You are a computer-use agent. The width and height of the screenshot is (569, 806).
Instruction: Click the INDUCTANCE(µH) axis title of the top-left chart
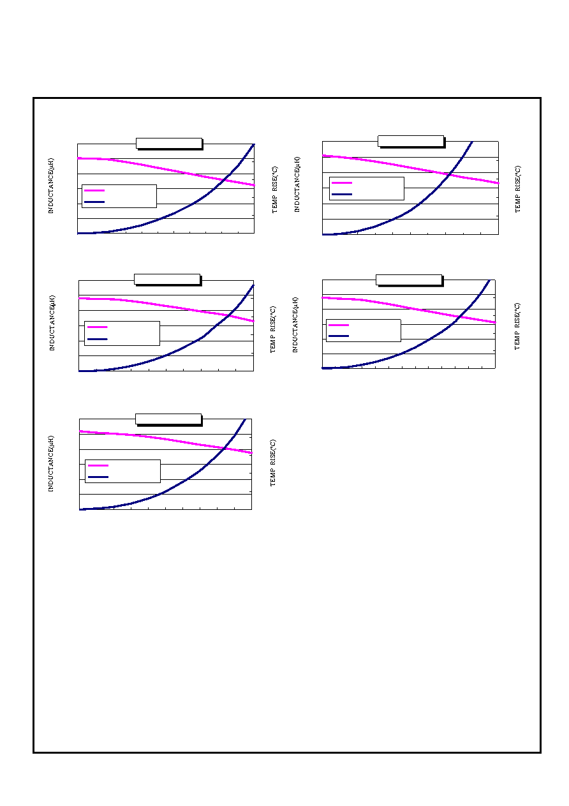coord(51,186)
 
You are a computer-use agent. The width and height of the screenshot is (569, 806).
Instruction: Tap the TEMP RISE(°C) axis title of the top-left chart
coord(275,190)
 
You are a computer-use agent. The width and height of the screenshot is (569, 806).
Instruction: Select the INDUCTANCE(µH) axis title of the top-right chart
coord(297,184)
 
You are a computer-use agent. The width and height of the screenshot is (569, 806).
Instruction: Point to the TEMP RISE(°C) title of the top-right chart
coord(517,189)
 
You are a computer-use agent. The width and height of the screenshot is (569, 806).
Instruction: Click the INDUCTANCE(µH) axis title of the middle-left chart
coord(52,323)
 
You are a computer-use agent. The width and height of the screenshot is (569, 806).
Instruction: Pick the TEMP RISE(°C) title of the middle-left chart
coord(274,329)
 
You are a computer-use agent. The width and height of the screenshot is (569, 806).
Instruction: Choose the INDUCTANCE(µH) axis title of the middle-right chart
coord(295,325)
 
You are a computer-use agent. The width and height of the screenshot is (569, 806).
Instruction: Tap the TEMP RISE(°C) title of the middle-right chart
coord(517,326)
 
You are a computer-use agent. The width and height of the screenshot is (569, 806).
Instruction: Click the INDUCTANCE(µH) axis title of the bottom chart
coord(51,464)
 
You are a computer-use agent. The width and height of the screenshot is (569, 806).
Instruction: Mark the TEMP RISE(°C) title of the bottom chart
coord(274,463)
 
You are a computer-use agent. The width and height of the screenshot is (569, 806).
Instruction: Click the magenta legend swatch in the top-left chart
coord(94,190)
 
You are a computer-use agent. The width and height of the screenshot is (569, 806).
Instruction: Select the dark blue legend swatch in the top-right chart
coord(342,194)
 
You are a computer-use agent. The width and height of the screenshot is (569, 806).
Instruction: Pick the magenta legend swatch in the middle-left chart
coord(98,327)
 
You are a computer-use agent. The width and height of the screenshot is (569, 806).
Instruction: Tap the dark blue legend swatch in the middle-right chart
coord(339,336)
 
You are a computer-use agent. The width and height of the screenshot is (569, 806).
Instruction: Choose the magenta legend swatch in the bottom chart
coord(98,466)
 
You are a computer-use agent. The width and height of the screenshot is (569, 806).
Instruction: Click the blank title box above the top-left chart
coord(170,144)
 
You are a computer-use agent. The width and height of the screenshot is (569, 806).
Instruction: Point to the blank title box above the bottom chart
coord(168,419)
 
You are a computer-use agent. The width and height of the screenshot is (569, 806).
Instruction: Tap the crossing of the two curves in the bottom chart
coord(224,448)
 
